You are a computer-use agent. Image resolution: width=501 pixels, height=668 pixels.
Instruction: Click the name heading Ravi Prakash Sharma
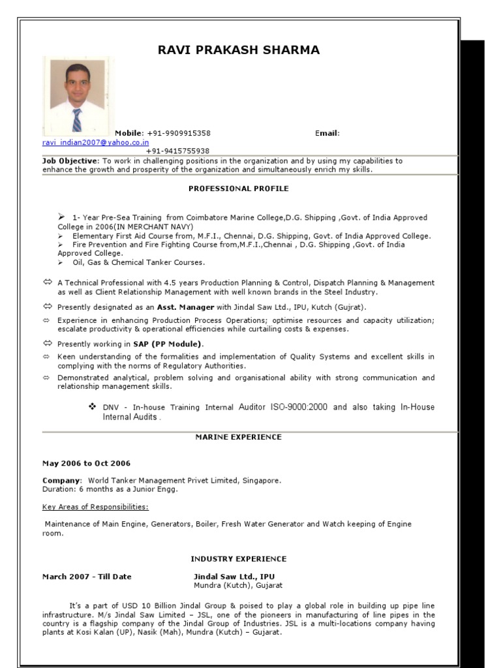click(239, 50)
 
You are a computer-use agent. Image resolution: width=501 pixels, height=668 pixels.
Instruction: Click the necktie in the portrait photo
click(77, 120)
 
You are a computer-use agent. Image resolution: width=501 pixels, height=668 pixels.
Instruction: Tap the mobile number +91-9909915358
click(179, 133)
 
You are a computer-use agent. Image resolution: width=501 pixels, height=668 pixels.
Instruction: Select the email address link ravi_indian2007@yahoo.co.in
click(96, 142)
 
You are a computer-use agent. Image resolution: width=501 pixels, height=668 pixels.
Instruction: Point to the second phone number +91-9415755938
click(177, 151)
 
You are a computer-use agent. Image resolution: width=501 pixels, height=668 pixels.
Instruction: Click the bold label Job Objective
click(70, 160)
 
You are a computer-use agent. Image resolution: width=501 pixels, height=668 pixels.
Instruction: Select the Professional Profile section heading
click(239, 189)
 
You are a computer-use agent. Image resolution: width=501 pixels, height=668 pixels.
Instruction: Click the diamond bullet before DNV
click(93, 406)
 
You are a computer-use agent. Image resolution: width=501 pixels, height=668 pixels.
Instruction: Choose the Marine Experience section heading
click(239, 437)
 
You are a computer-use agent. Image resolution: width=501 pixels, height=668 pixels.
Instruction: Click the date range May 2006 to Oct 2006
click(86, 463)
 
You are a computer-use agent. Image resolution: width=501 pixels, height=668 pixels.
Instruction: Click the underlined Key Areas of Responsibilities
click(95, 506)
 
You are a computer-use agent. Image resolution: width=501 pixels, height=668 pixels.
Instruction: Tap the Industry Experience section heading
click(239, 559)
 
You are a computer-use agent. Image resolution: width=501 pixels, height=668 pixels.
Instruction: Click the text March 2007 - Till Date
click(87, 577)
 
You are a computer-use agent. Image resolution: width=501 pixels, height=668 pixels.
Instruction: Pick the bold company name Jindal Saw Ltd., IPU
click(234, 577)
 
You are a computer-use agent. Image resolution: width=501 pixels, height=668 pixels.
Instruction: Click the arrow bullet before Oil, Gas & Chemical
click(60, 262)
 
